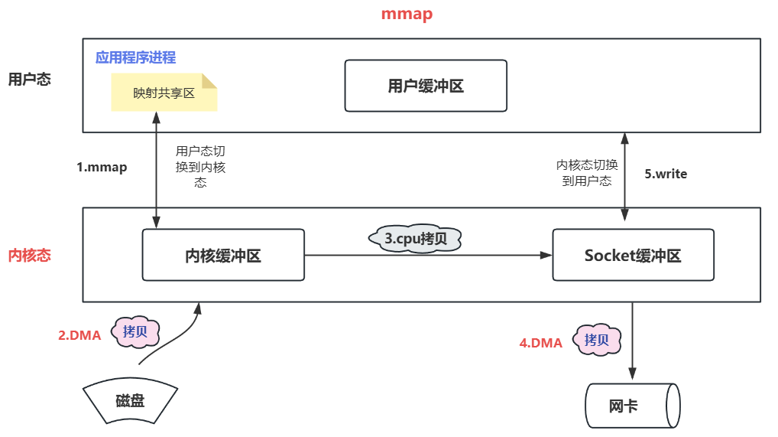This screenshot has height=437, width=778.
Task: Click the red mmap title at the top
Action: point(407,15)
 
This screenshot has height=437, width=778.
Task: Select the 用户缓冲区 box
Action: point(426,86)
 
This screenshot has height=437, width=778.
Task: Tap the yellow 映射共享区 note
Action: point(164,93)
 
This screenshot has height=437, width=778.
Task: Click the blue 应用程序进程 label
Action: point(135,57)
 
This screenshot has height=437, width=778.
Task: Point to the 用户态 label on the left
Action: point(29,79)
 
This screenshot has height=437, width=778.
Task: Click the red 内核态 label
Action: point(29,256)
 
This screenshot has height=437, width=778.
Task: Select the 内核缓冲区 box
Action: point(223,255)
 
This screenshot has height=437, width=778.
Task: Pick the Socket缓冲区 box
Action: point(633,255)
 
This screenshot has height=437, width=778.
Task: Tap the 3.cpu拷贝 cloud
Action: point(417,239)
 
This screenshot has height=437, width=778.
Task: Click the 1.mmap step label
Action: point(102,168)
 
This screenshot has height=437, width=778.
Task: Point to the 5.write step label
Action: point(666,174)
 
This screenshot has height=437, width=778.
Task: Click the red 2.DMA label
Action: point(79,334)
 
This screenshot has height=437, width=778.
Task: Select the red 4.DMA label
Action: point(541,343)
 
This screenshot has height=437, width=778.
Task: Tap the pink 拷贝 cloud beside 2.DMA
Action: point(136,332)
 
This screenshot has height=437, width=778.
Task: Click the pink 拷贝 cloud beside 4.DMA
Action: point(597,340)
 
